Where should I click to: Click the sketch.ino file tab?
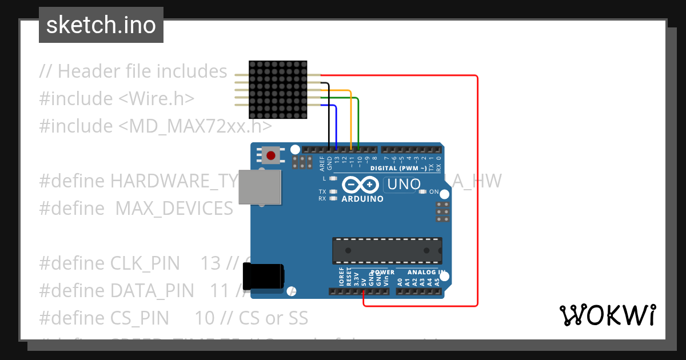click(x=101, y=25)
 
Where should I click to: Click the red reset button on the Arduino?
click(x=270, y=155)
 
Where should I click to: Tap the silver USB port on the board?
click(x=260, y=186)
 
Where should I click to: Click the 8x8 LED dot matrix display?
click(x=278, y=90)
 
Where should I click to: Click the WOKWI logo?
click(x=607, y=315)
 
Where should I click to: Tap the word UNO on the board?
click(x=404, y=185)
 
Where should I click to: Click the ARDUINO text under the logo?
click(x=362, y=199)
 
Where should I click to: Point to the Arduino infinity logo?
click(x=361, y=185)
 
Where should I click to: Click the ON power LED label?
click(x=434, y=192)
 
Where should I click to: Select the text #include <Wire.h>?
click(x=117, y=98)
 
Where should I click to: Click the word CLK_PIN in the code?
click(x=145, y=263)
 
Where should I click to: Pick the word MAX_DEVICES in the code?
click(x=174, y=209)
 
